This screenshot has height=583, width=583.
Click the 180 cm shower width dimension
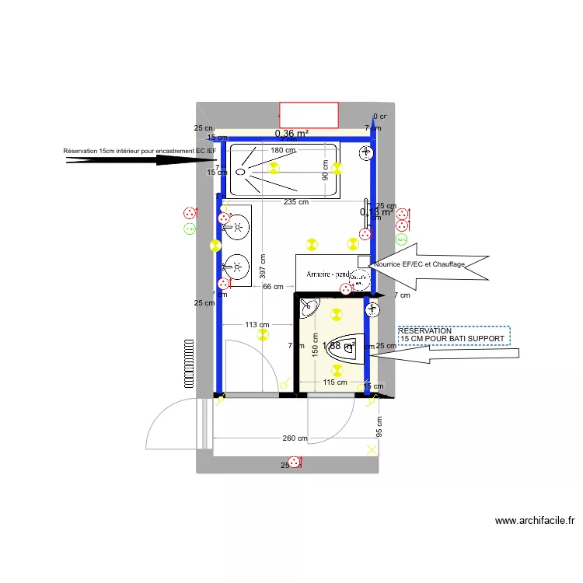[283, 150]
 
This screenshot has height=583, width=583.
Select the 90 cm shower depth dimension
[325, 171]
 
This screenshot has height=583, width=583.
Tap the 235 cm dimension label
[296, 201]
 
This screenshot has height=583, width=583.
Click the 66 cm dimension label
[273, 287]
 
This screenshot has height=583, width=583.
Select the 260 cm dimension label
[295, 438]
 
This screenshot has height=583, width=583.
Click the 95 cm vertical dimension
[379, 427]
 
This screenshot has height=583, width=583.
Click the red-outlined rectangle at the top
[309, 115]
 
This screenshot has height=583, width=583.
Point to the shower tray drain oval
[240, 171]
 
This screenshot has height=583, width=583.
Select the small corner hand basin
[307, 305]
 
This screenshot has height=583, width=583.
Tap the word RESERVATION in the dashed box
[424, 330]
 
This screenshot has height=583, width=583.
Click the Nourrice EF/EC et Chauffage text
[419, 264]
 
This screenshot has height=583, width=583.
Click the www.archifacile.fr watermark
[534, 521]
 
